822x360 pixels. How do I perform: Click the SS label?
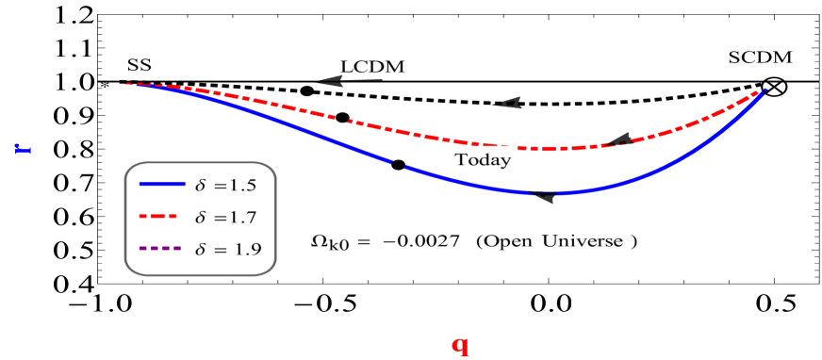click(140, 64)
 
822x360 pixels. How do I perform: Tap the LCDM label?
click(376, 66)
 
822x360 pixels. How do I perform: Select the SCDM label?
click(762, 57)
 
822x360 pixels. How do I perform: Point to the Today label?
click(483, 159)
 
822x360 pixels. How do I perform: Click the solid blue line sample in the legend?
click(161, 185)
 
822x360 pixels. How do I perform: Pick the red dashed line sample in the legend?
click(161, 217)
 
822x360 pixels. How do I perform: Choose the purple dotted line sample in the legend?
click(161, 250)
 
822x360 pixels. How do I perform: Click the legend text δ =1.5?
click(225, 185)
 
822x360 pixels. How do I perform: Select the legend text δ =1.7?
click(225, 218)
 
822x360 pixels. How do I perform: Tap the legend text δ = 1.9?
click(227, 250)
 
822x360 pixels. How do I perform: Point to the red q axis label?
click(460, 346)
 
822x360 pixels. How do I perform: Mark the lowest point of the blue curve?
click(545, 193)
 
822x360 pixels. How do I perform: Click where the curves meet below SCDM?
click(764, 90)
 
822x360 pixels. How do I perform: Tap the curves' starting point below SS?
click(130, 84)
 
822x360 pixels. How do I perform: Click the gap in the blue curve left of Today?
click(398, 165)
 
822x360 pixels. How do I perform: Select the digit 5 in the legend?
click(251, 185)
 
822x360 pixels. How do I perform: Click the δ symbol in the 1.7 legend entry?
click(200, 217)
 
